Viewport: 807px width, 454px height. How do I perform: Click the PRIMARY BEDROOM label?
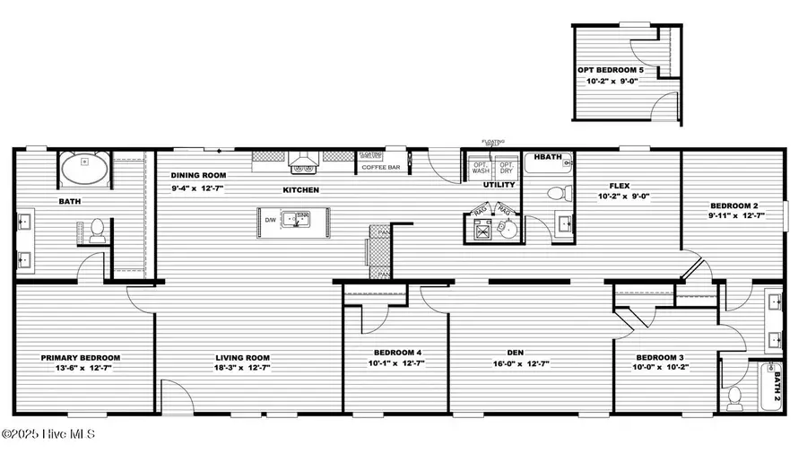point(81,356)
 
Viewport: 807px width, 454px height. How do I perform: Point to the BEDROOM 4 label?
point(395,352)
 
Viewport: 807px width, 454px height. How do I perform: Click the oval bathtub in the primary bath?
point(84,167)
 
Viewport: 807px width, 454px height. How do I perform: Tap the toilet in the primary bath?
point(99,231)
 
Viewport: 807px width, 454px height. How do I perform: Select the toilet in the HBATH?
point(555,192)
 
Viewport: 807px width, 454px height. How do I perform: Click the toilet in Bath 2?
point(735,395)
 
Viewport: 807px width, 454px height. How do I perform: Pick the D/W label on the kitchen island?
point(271,220)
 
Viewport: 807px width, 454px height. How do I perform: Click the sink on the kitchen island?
point(296,218)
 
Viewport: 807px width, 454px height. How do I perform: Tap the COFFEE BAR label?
point(380,166)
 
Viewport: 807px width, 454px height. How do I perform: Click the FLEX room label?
point(620,186)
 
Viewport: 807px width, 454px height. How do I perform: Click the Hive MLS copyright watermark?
point(48,435)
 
